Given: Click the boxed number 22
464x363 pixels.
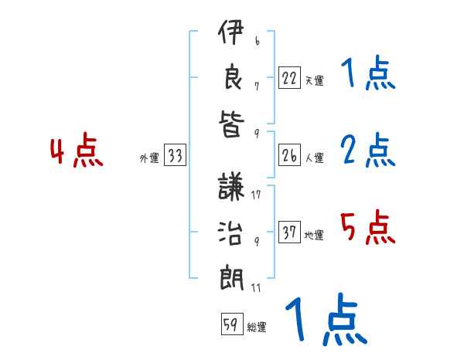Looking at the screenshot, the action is [290, 78].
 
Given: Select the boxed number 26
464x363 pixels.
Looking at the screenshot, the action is [290, 156].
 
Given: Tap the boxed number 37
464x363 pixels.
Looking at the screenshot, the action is [290, 232].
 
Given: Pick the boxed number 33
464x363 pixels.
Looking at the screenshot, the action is [176, 156].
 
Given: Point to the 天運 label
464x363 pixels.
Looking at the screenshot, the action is [314, 80].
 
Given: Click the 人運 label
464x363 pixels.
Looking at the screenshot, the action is [314, 158].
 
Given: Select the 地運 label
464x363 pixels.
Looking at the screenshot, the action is [314, 234].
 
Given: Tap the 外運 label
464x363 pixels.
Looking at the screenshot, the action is [148, 158].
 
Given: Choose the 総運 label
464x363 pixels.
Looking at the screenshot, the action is [257, 327].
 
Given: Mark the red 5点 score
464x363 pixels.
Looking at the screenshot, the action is [368, 228].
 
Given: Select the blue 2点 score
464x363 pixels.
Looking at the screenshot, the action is [368, 151].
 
